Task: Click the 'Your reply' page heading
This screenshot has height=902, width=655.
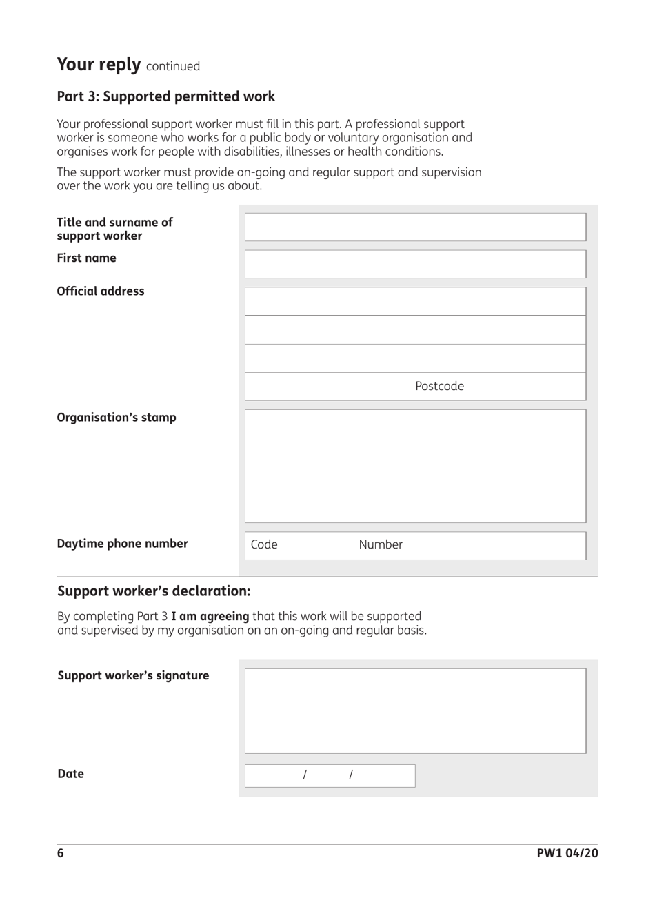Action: click(99, 65)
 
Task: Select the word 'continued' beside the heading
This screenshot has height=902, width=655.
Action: click(173, 66)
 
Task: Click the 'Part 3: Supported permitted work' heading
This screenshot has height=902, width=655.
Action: click(165, 96)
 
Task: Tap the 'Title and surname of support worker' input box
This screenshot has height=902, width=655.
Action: click(415, 227)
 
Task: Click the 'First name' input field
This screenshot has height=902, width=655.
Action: click(415, 264)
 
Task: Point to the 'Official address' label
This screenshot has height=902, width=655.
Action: click(101, 291)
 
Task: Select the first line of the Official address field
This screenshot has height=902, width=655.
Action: click(415, 301)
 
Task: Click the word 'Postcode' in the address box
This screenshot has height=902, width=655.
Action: click(439, 387)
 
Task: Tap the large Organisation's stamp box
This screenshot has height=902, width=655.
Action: click(415, 466)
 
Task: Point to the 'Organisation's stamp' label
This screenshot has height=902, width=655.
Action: click(117, 418)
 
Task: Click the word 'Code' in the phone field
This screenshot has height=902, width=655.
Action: click(264, 545)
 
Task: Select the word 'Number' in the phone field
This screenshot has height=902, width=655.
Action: click(381, 545)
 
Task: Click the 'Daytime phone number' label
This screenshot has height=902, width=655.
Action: click(122, 544)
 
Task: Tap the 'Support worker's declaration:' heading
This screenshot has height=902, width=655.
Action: click(154, 591)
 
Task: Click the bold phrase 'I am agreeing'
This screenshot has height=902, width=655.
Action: click(210, 616)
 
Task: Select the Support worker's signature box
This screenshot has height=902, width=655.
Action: click(415, 710)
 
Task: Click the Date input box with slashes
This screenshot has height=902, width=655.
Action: click(330, 775)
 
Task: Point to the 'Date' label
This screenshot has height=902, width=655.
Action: click(71, 774)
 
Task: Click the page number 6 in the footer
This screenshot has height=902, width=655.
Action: click(61, 853)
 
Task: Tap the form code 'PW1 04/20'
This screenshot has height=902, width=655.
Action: click(567, 853)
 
